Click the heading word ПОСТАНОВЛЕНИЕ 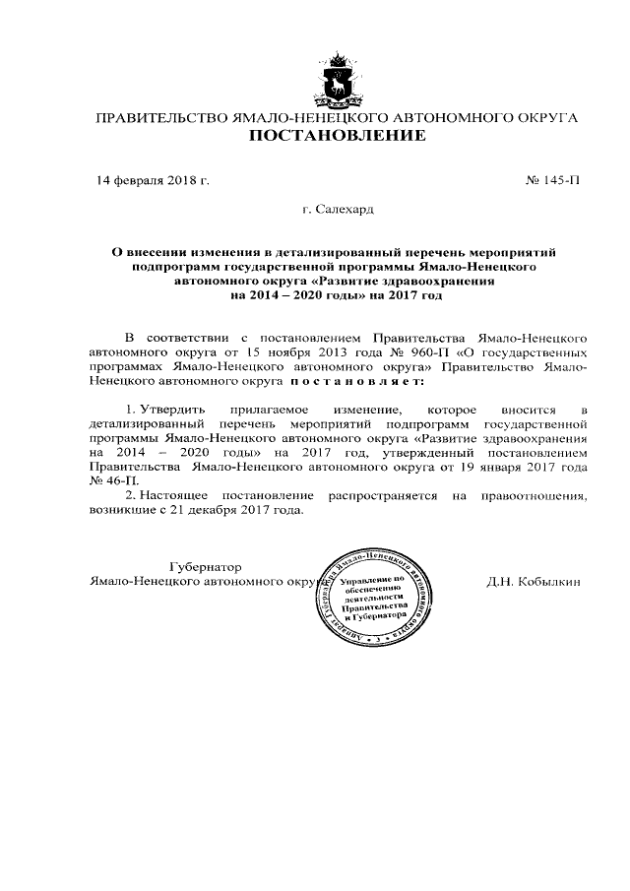[x=335, y=136]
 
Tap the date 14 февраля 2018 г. [x=153, y=181]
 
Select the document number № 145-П [x=554, y=181]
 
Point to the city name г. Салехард [x=338, y=209]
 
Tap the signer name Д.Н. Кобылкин [x=534, y=581]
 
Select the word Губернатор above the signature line [x=205, y=566]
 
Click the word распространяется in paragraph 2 [x=388, y=496]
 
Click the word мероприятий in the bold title [x=532, y=253]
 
